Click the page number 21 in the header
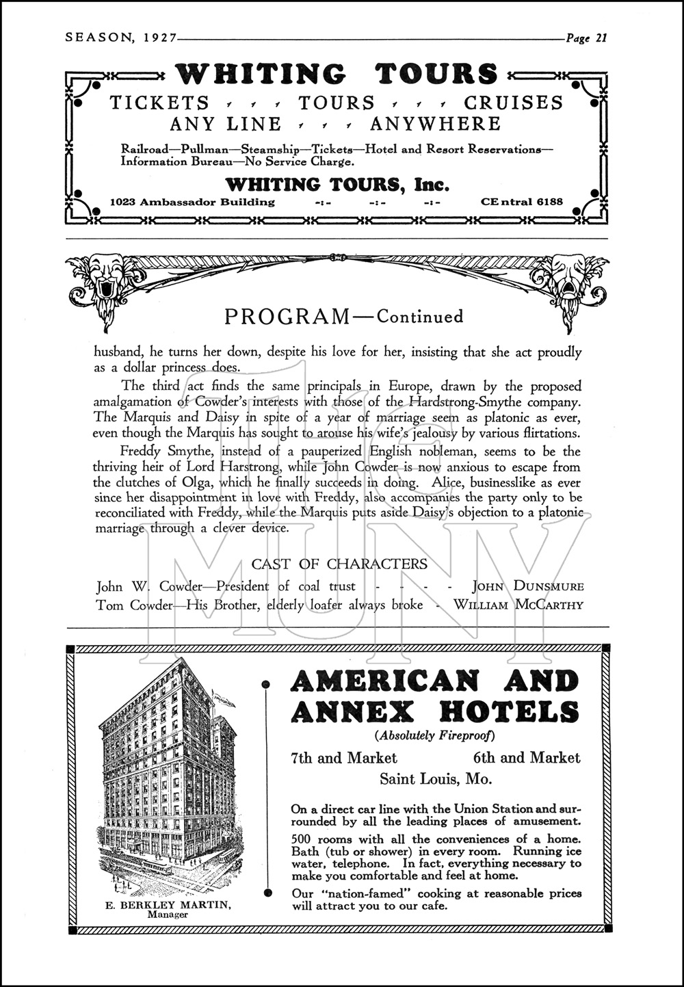601,38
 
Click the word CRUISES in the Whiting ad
514,103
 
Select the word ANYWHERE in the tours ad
436,124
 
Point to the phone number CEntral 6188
522,202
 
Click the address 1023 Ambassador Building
193,202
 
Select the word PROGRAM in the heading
287,317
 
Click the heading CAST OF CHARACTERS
339,564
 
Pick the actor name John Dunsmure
528,586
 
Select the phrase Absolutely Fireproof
434,737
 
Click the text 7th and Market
344,758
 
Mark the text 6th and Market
526,758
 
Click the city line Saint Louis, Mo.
436,779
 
